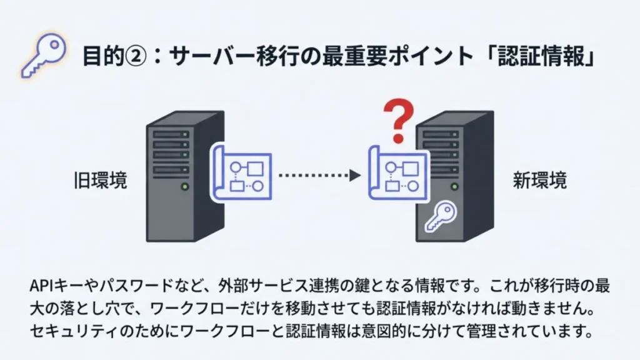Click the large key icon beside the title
(x=44, y=55)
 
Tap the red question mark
(x=398, y=121)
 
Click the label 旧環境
(x=101, y=180)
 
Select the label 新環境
(x=539, y=180)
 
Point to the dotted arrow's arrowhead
(x=355, y=176)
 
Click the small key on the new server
(x=441, y=217)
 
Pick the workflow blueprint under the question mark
(x=399, y=174)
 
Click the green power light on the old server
(x=185, y=186)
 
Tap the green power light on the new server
(x=454, y=186)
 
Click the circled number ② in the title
(x=135, y=56)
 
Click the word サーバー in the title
(x=212, y=56)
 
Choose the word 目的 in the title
(x=103, y=56)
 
